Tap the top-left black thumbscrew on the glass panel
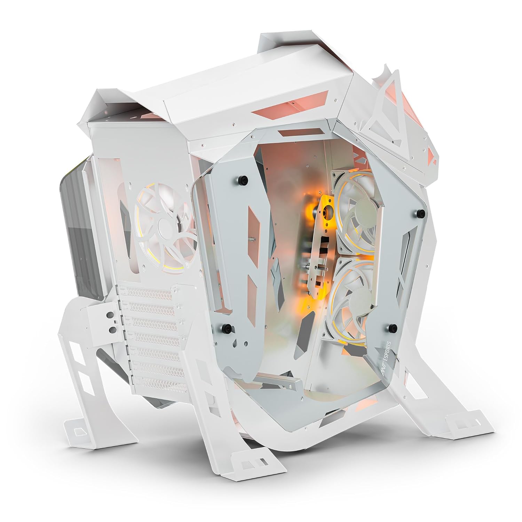coord(242,180)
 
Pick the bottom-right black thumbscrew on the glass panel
coord(393,327)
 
